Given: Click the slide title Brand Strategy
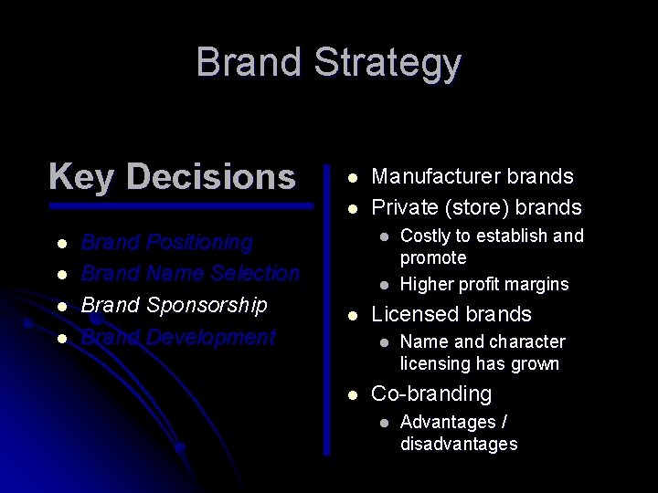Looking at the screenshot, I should pyautogui.click(x=328, y=63).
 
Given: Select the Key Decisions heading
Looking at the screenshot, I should pyautogui.click(x=172, y=176).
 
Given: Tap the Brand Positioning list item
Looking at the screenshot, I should pyautogui.click(x=167, y=243).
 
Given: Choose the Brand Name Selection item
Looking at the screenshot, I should pyautogui.click(x=190, y=273).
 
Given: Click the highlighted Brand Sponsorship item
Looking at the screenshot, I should pyautogui.click(x=174, y=305).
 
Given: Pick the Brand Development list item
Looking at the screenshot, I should pyautogui.click(x=178, y=337).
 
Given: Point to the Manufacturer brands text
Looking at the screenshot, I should pyautogui.click(x=472, y=176).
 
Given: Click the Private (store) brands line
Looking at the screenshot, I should pyautogui.click(x=475, y=206).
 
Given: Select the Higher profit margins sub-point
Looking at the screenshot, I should pyautogui.click(x=483, y=284).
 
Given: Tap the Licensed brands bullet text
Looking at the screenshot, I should pyautogui.click(x=451, y=315).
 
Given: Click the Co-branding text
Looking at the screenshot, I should pyautogui.click(x=430, y=394).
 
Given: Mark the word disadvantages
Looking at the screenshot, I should pyautogui.click(x=458, y=444).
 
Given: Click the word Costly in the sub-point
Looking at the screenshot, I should pyautogui.click(x=426, y=236).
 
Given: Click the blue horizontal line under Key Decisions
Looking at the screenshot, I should pyautogui.click(x=180, y=206).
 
